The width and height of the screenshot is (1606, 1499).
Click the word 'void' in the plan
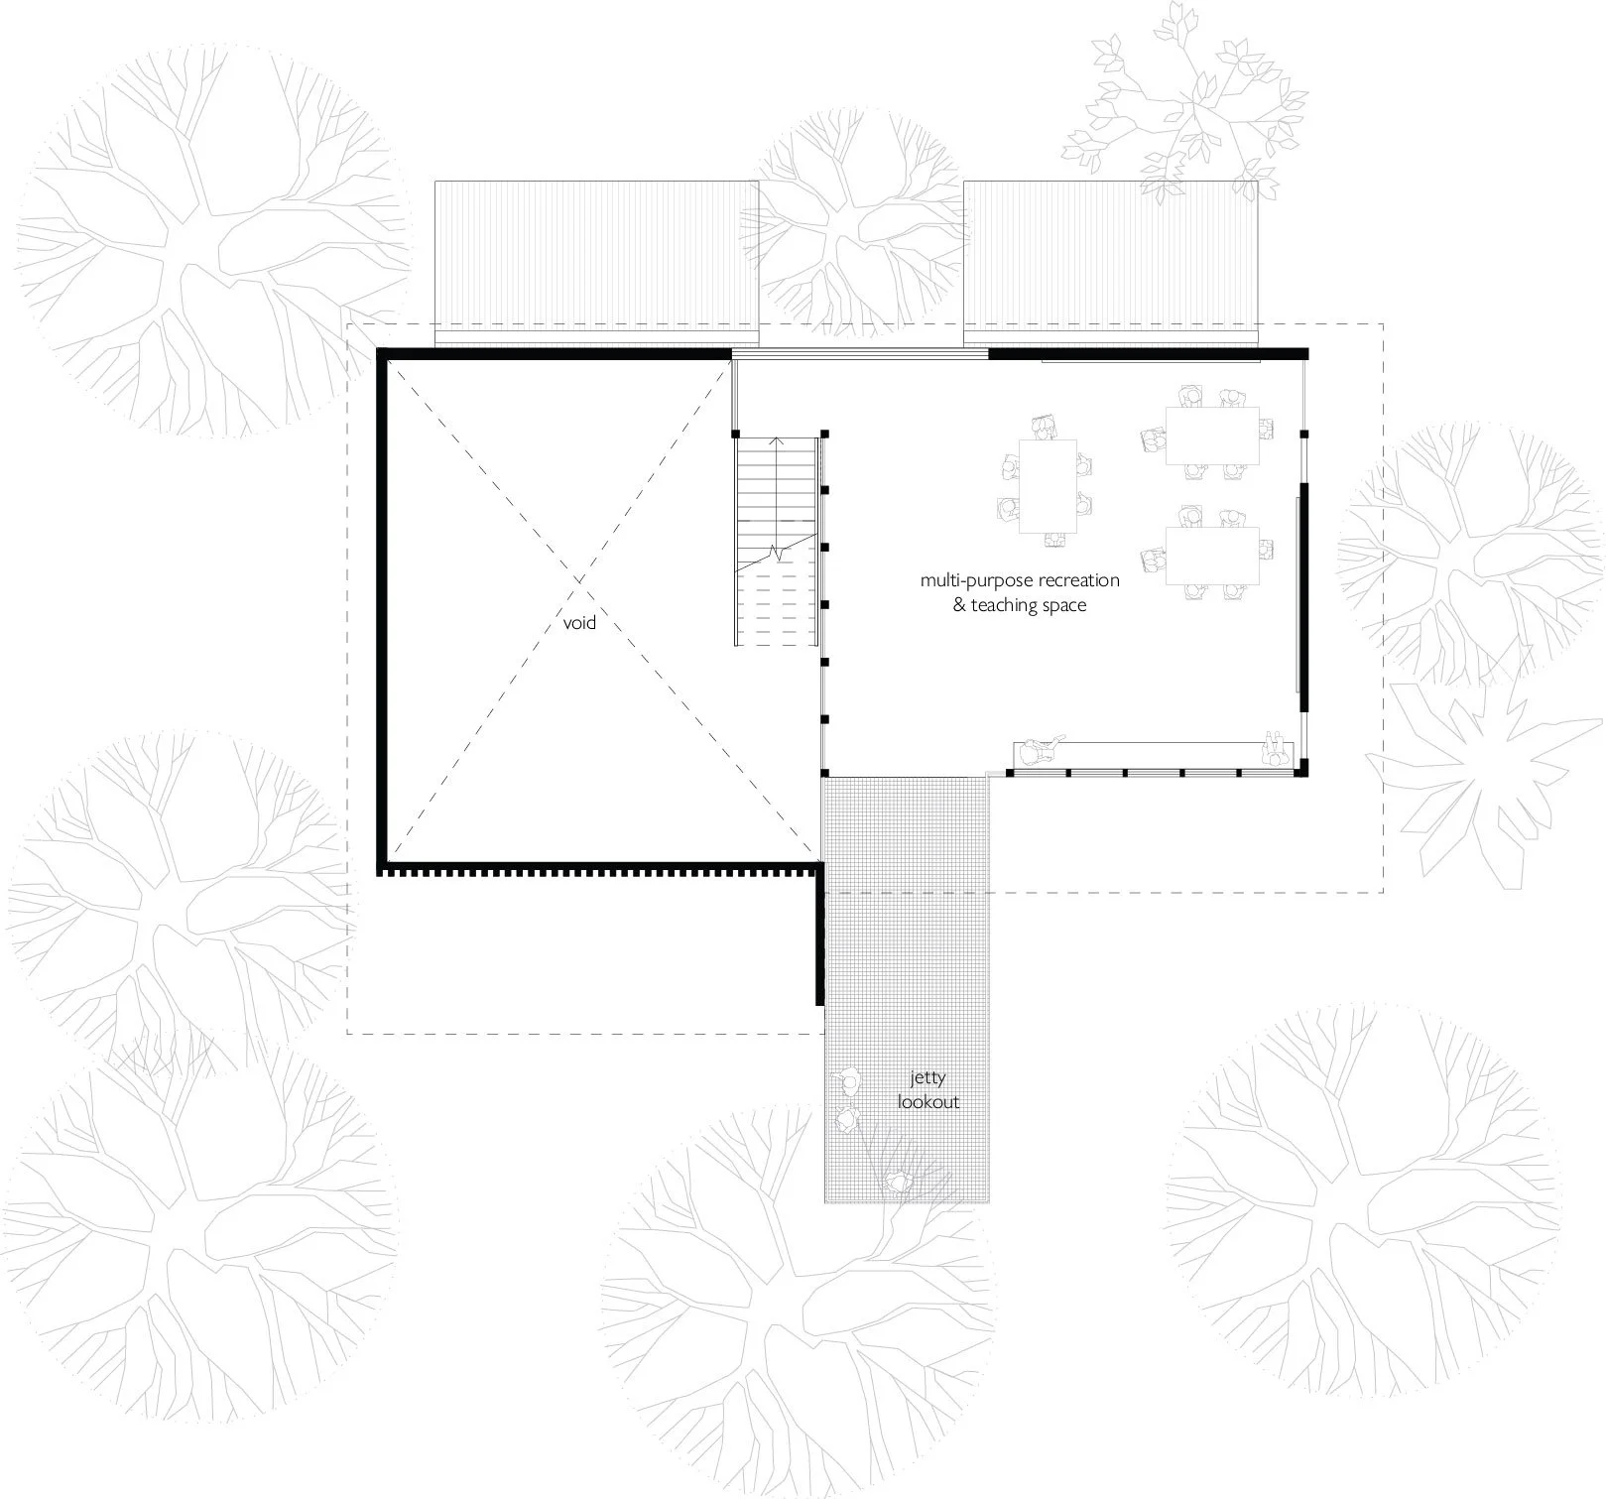coord(579,623)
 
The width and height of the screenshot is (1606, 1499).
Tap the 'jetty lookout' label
coord(928,1090)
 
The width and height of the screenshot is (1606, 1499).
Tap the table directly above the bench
coord(1211,556)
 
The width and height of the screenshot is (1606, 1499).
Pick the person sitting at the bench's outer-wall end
coord(1274,751)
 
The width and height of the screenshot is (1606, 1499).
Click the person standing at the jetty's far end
coord(898,1183)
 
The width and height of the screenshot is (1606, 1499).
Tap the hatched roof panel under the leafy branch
coord(1111,263)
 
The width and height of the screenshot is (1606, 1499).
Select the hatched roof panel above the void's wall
coord(597,263)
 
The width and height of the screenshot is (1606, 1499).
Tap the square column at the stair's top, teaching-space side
coord(824,434)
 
